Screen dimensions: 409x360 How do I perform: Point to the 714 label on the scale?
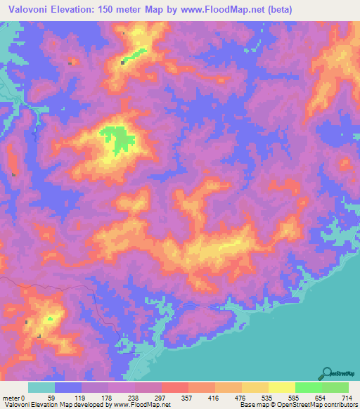[x=347, y=398]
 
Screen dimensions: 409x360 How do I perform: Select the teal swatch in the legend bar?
[x=41, y=388]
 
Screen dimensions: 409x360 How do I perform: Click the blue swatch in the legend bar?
[x=68, y=388]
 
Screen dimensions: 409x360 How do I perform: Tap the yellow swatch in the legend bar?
[x=282, y=388]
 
